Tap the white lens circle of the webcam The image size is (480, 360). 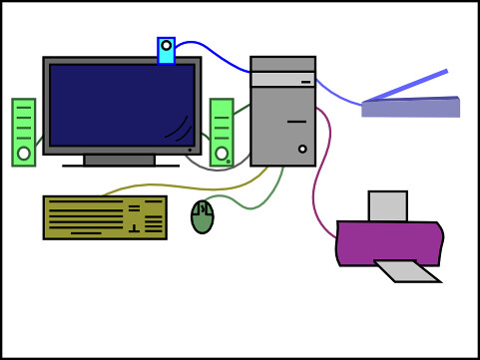[166, 46]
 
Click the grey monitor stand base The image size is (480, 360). [120, 161]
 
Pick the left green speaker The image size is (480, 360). [23, 130]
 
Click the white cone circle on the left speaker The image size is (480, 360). [23, 154]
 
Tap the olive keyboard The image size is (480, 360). [104, 217]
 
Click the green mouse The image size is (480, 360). [203, 216]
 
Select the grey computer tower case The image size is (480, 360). [282, 125]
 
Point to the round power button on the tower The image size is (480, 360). [302, 150]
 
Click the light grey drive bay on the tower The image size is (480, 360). [282, 79]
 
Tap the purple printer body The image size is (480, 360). [389, 241]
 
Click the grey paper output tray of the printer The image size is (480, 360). [407, 271]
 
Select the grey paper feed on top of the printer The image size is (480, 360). [387, 206]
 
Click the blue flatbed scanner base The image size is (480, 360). [410, 108]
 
